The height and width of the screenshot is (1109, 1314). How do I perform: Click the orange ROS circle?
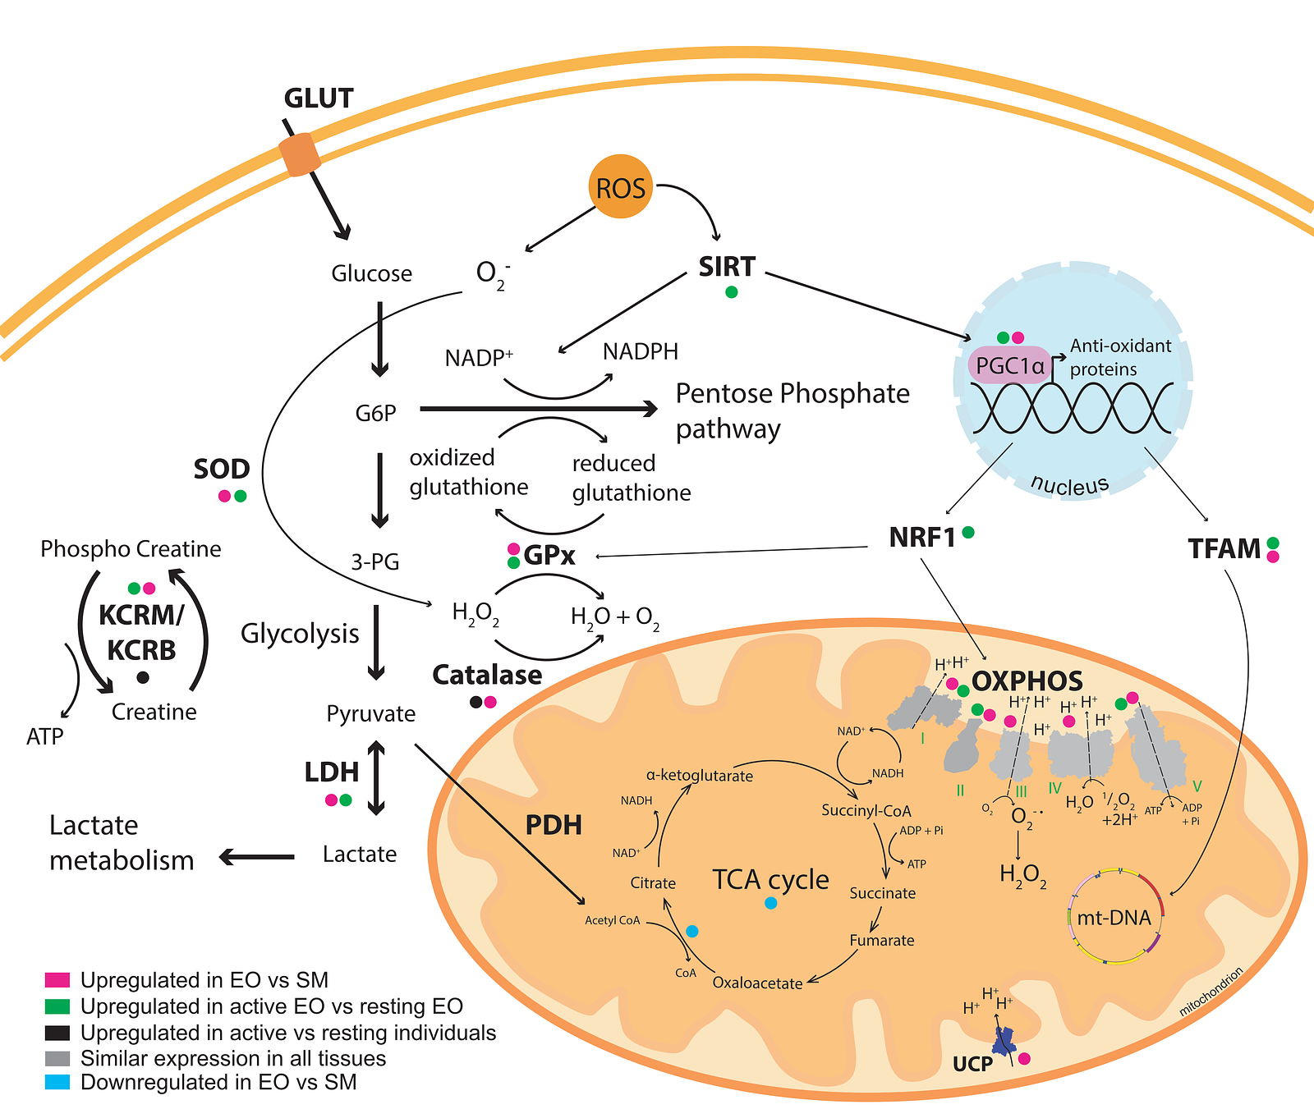click(621, 186)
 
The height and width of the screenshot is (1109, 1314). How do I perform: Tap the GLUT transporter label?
click(319, 99)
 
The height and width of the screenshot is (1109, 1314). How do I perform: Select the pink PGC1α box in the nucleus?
click(1009, 365)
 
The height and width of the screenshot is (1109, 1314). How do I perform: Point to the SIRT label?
click(727, 267)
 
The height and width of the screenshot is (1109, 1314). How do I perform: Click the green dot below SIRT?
click(732, 291)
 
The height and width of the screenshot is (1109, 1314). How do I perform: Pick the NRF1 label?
click(922, 538)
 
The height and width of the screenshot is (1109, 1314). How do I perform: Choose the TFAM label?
click(1224, 548)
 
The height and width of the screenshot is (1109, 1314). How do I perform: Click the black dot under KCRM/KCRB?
click(143, 677)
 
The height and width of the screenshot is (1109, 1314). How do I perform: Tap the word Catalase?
click(487, 675)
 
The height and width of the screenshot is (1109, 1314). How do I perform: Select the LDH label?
click(332, 772)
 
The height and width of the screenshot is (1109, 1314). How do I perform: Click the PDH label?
click(554, 825)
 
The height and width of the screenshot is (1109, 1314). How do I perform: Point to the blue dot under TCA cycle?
click(770, 903)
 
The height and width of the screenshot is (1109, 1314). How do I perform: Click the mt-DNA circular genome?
click(1114, 915)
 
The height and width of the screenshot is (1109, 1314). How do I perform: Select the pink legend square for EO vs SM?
click(57, 980)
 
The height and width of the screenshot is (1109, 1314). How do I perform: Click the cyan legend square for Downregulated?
click(57, 1082)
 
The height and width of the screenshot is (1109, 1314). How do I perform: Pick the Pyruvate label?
click(371, 713)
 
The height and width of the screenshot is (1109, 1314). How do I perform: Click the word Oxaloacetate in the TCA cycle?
click(757, 983)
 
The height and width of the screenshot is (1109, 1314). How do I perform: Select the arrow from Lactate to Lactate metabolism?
click(256, 857)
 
